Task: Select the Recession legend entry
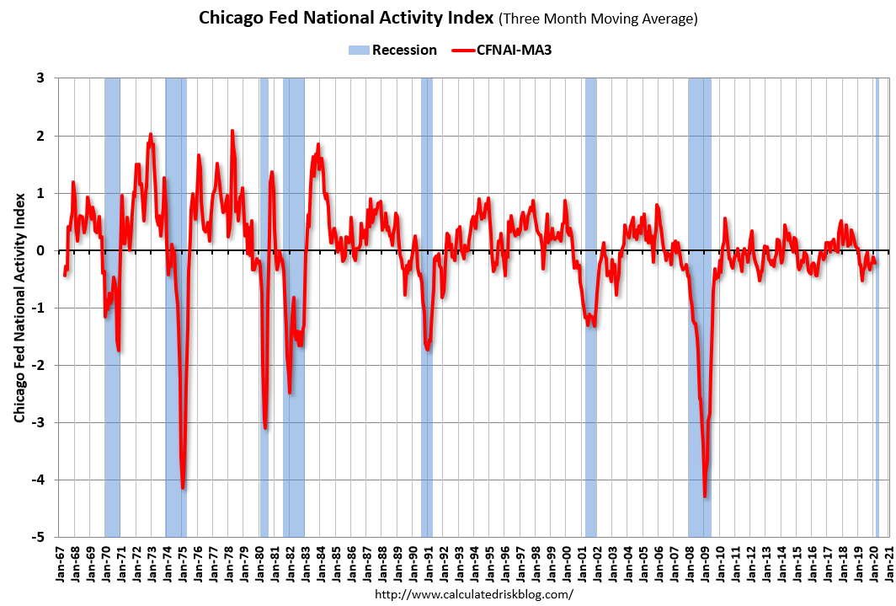click(x=393, y=50)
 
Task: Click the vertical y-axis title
click(x=19, y=307)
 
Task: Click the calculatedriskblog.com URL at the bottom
click(x=473, y=594)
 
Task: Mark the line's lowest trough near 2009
click(x=705, y=496)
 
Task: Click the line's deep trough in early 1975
click(x=183, y=487)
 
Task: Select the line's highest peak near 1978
click(x=232, y=131)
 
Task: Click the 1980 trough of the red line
click(x=265, y=427)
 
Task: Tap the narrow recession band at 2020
click(x=877, y=307)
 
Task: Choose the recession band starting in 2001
click(x=590, y=307)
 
